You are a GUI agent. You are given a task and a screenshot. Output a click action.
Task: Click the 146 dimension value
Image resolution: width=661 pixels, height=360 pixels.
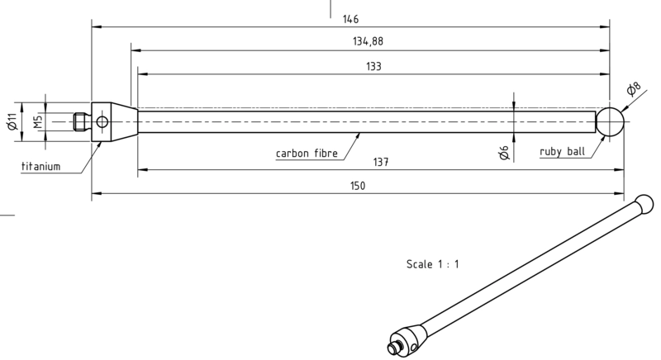tap(350, 19)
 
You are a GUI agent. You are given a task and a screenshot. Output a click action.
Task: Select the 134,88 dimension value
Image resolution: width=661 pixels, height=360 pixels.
tap(368, 41)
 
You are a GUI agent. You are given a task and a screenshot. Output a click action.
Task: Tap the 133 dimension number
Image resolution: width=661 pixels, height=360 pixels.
tap(373, 67)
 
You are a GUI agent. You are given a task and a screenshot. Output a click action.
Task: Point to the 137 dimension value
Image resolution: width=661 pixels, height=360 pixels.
tap(381, 162)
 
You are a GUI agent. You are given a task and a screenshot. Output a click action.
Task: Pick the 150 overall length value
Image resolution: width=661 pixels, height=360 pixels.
tap(358, 186)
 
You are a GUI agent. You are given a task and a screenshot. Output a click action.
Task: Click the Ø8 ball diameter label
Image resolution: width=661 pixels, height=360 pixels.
tap(633, 88)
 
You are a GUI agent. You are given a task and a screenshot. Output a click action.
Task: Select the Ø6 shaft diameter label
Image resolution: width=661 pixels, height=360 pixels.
tap(504, 153)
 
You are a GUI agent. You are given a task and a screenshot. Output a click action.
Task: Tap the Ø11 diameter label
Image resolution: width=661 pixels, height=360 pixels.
tap(12, 121)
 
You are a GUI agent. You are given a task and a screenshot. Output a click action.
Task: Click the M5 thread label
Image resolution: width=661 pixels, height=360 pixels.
tap(38, 121)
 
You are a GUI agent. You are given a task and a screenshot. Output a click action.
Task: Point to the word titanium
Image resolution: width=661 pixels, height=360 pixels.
tap(40, 167)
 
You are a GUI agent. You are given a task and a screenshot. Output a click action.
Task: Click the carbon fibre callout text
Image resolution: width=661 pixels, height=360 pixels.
tap(307, 154)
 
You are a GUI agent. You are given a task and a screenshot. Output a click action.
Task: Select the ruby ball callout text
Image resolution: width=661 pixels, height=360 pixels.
tap(563, 152)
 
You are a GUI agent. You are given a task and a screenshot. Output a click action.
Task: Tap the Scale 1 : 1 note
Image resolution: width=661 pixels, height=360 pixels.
tap(433, 264)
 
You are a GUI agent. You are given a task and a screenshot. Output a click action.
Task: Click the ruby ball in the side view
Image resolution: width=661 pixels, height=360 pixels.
tap(610, 121)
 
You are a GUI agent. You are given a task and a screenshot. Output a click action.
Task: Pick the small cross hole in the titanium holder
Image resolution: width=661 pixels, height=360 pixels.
tap(102, 122)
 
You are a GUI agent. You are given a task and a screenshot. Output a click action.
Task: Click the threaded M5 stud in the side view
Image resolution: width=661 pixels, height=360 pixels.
tap(83, 121)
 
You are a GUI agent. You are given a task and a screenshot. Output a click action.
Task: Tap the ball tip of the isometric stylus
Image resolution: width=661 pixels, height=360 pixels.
tap(644, 204)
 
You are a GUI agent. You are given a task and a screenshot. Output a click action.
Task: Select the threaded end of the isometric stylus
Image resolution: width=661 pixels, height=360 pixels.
tap(392, 348)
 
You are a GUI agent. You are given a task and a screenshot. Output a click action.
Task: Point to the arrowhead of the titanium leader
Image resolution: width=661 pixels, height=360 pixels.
tap(100, 144)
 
